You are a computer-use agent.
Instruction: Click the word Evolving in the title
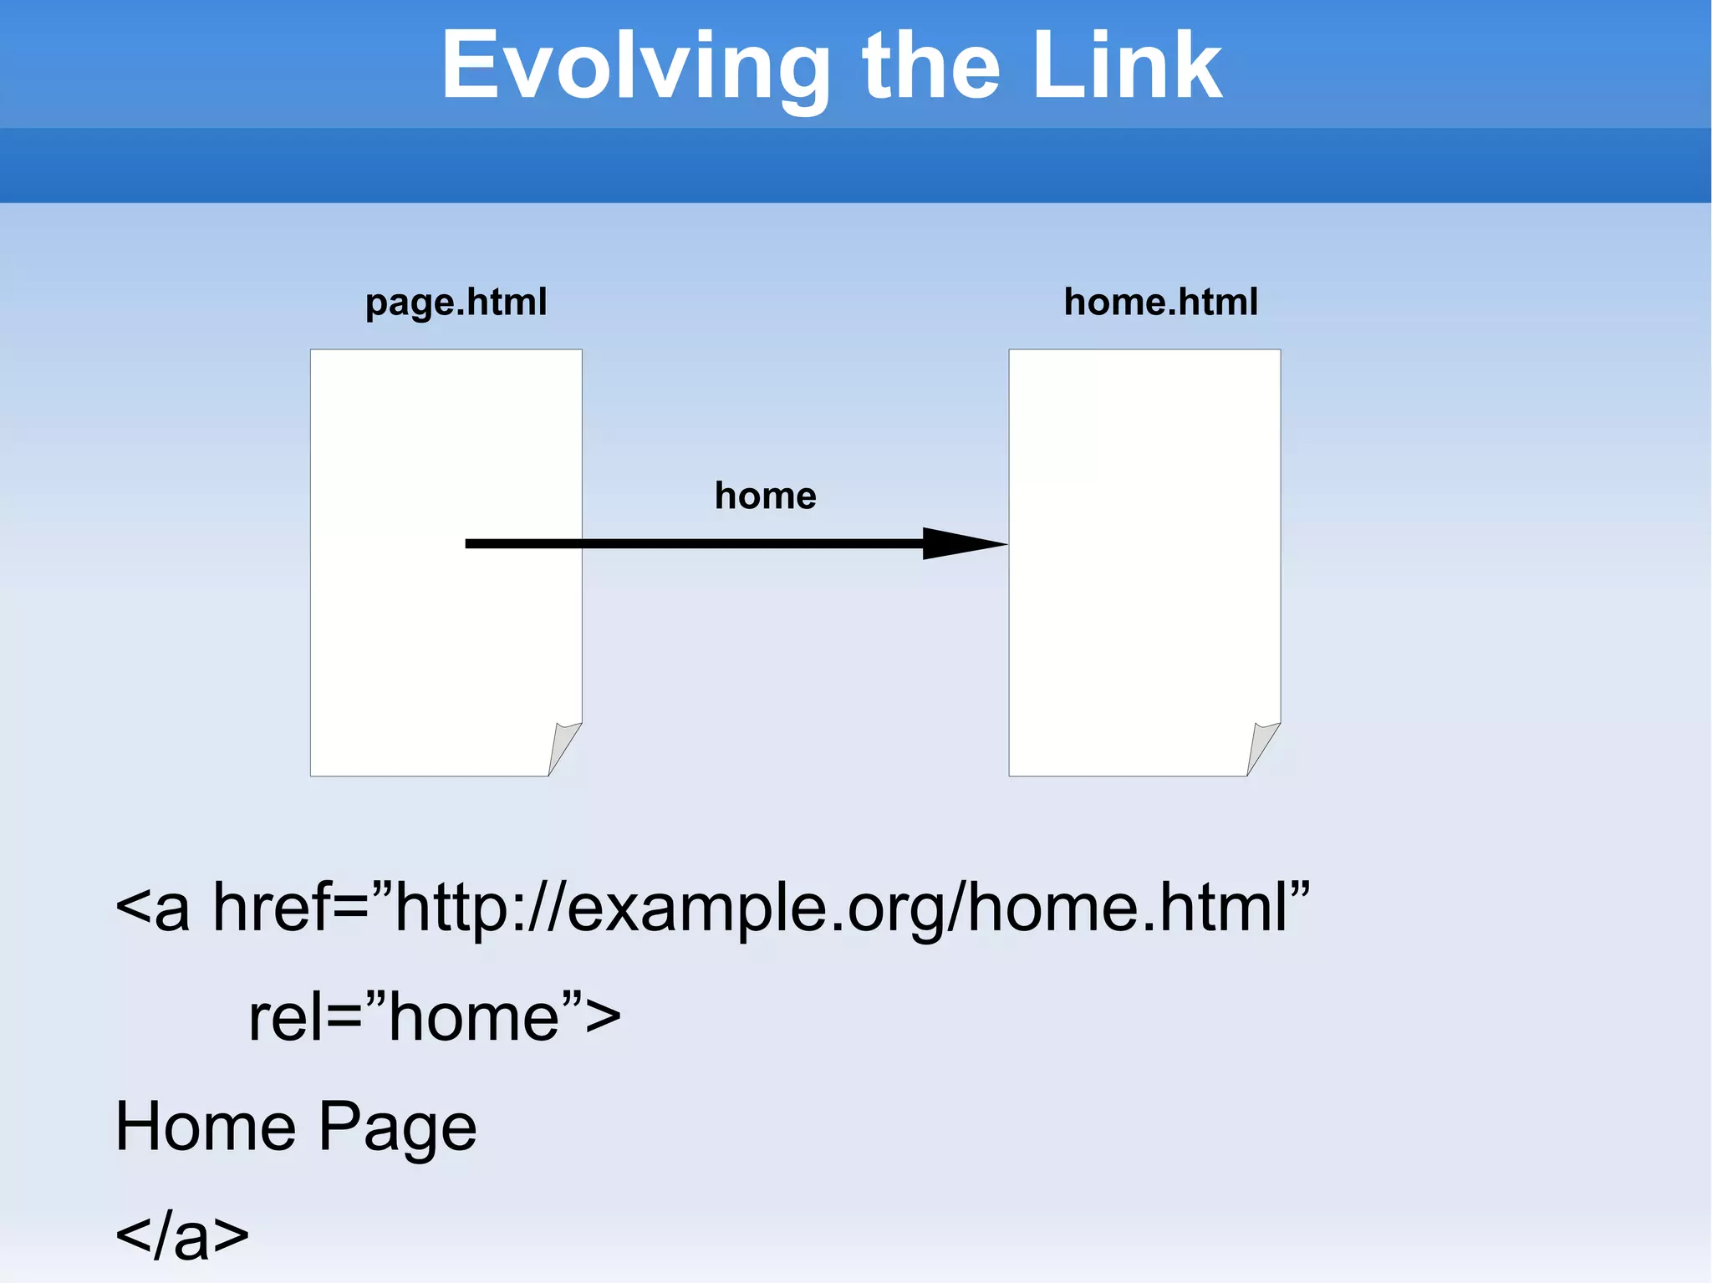coord(635,67)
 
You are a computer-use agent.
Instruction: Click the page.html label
coord(456,302)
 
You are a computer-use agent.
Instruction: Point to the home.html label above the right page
coord(1160,302)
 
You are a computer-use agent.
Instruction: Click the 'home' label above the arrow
coord(765,496)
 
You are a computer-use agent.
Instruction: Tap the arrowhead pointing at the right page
coord(961,543)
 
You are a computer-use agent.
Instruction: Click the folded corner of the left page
coord(563,746)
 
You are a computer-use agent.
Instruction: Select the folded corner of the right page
coord(1262,746)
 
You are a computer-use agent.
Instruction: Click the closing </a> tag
coord(181,1235)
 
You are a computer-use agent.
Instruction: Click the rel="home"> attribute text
coord(418,1017)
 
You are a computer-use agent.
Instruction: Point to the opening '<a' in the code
coord(152,909)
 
